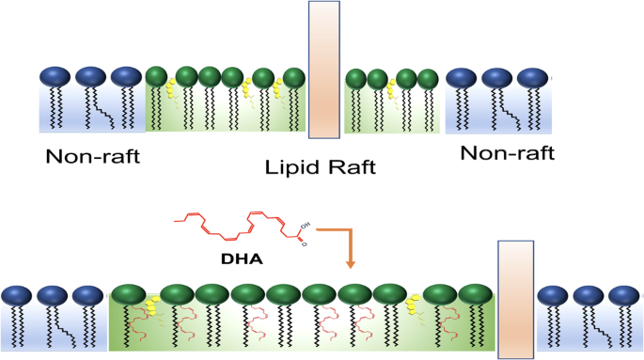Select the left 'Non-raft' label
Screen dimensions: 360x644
(93, 157)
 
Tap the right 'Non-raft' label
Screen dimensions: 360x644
(507, 151)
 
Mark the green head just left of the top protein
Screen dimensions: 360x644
(294, 77)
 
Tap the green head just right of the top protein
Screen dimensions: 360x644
(355, 79)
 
